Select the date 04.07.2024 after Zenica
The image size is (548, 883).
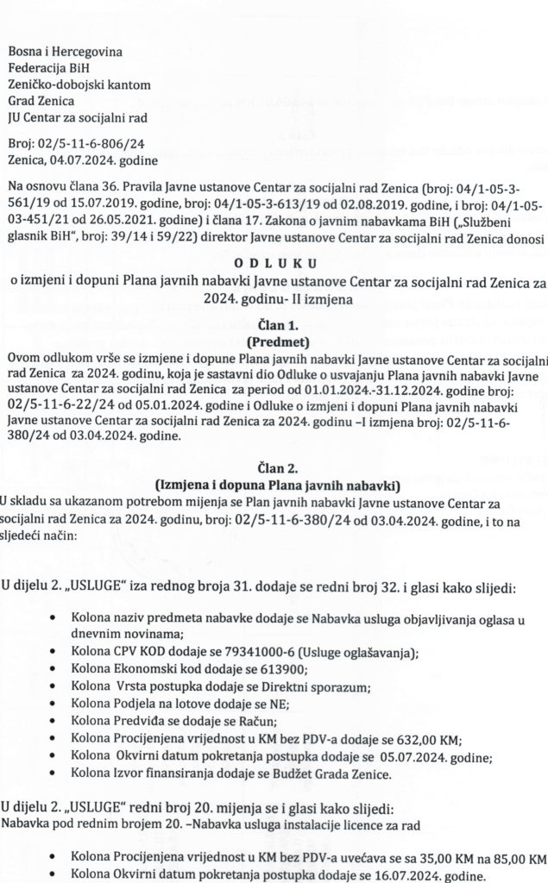coord(86,160)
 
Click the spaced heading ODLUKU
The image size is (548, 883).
coord(274,263)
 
